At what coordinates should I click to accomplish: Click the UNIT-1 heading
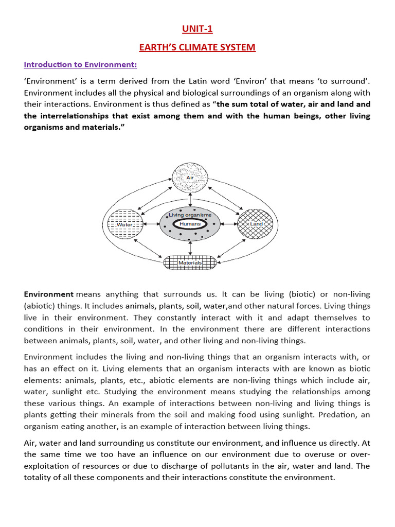[197, 29]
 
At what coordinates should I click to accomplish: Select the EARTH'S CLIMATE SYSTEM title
[197, 47]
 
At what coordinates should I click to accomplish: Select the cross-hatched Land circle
[256, 224]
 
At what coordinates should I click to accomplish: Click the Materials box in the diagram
[190, 262]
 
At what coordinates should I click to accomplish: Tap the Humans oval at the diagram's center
[190, 224]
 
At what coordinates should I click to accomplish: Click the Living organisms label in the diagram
[190, 215]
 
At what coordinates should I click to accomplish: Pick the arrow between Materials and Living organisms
[190, 248]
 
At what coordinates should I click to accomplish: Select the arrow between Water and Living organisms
[151, 224]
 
